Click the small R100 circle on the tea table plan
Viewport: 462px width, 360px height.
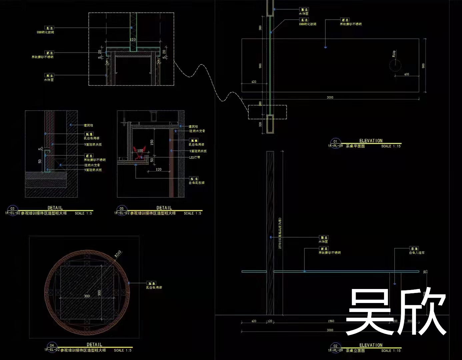pyautogui.click(x=395, y=66)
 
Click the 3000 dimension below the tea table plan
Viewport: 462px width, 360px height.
pyautogui.click(x=330, y=97)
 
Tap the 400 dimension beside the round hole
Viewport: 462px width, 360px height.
pyautogui.click(x=406, y=74)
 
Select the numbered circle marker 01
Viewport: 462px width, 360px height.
pyautogui.click(x=335, y=141)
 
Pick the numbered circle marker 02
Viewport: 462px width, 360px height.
pyautogui.click(x=335, y=346)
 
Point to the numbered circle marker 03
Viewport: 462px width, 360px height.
pyautogui.click(x=12, y=209)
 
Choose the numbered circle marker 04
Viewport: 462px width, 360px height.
pyautogui.click(x=52, y=345)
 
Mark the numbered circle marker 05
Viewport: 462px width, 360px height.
pyautogui.click(x=121, y=209)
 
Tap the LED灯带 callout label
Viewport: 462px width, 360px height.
pyautogui.click(x=195, y=157)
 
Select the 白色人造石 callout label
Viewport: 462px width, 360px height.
pyautogui.click(x=417, y=253)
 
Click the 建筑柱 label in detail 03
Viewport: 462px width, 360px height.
pyautogui.click(x=88, y=125)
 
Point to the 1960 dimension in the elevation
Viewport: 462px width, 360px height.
pyautogui.click(x=331, y=321)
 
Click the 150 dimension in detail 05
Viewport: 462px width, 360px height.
pyautogui.click(x=152, y=142)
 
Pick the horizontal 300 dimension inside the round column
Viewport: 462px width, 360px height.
pyautogui.click(x=87, y=296)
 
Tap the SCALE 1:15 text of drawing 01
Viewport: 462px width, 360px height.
pyautogui.click(x=391, y=146)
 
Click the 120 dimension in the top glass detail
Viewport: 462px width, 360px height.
pyautogui.click(x=133, y=39)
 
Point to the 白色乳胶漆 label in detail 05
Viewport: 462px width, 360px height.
pyautogui.click(x=197, y=183)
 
